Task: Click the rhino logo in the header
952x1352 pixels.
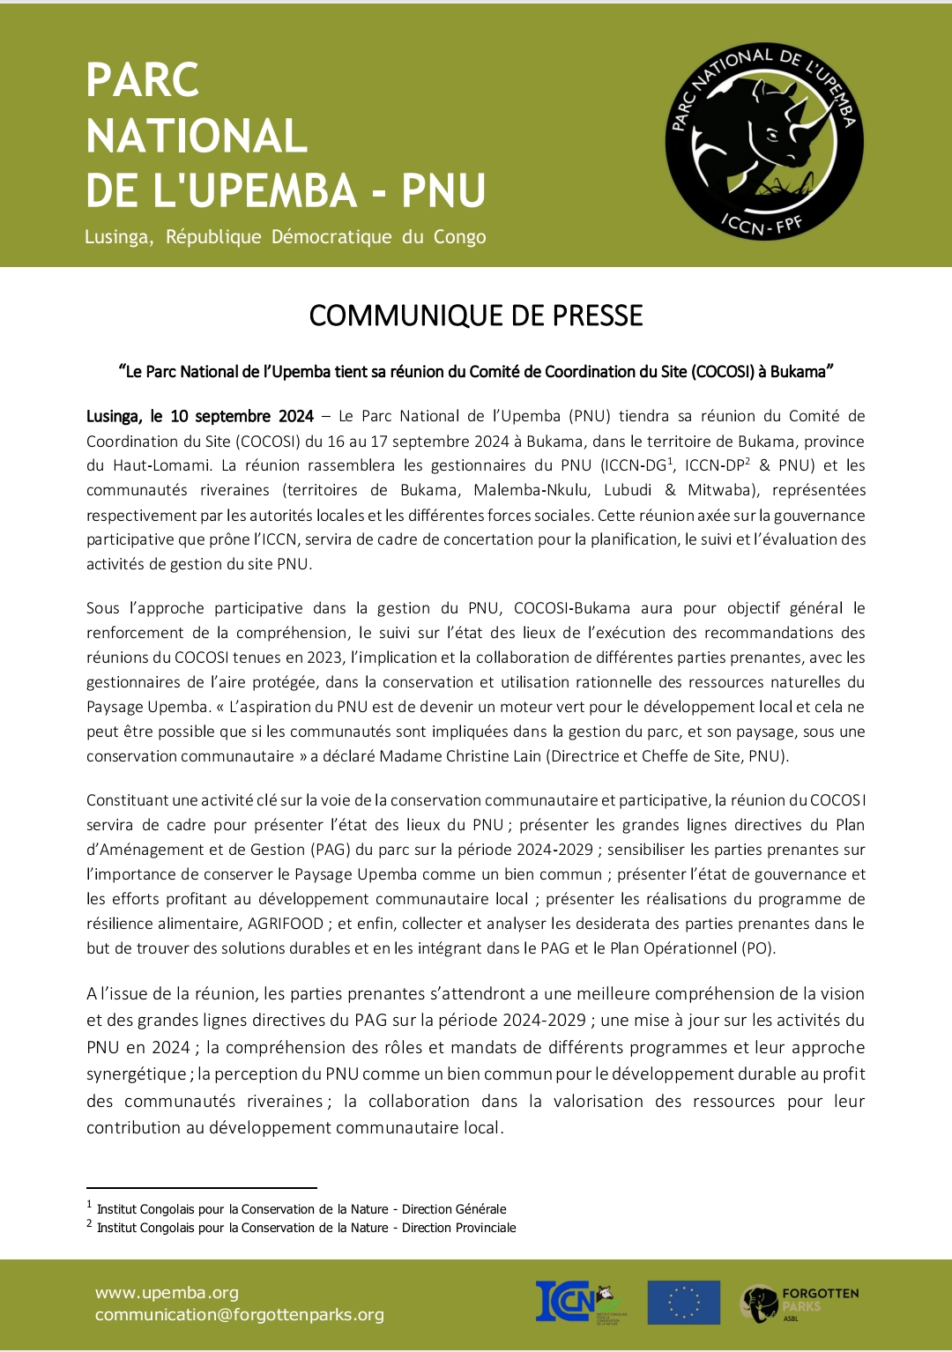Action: (x=763, y=141)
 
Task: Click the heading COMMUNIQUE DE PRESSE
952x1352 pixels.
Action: (x=476, y=316)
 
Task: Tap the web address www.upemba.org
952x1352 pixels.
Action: (x=167, y=1293)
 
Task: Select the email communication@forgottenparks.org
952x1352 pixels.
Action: (x=240, y=1315)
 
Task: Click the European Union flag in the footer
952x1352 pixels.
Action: (x=683, y=1303)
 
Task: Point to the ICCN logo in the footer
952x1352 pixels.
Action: (x=576, y=1303)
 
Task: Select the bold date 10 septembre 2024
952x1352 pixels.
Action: (x=242, y=416)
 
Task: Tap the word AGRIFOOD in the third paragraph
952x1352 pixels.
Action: (x=286, y=924)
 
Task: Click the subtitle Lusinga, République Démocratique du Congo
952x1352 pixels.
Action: (x=285, y=237)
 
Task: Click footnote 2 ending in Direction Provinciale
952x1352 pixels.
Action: (x=306, y=1228)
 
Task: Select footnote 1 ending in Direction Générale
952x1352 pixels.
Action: (x=301, y=1209)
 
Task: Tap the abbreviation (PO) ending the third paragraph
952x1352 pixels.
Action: (x=758, y=948)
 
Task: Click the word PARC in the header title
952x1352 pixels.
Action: (x=143, y=80)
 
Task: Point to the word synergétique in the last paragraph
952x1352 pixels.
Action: (x=137, y=1074)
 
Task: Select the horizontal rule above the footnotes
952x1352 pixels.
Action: (x=201, y=1188)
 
